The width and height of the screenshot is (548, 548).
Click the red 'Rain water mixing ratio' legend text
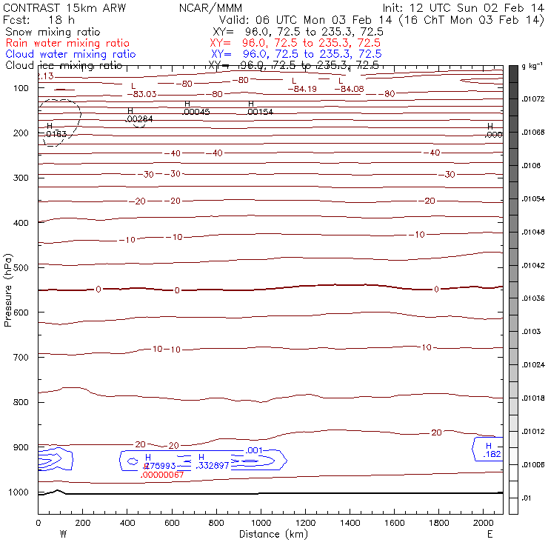[67, 44]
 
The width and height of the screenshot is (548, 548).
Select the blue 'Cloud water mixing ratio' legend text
[70, 54]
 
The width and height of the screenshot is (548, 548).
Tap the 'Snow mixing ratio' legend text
[49, 33]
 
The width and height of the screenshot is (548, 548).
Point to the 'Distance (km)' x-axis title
[270, 534]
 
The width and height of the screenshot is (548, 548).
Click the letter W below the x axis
[62, 534]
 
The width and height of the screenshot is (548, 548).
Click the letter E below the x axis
[489, 534]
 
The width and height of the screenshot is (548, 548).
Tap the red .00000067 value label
[162, 475]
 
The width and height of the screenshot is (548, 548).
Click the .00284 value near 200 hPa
[140, 118]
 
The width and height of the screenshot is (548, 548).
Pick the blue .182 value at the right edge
[492, 454]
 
